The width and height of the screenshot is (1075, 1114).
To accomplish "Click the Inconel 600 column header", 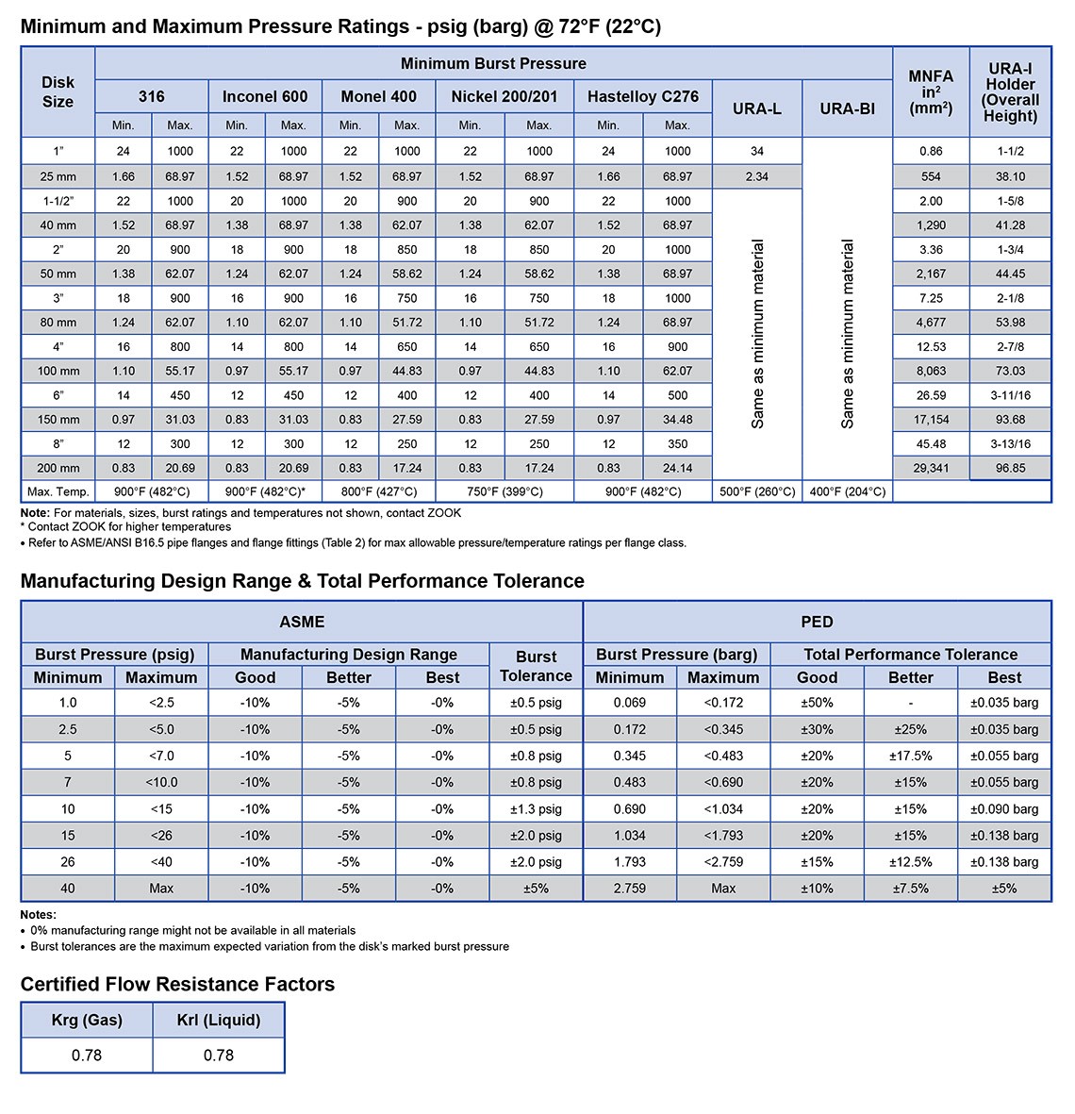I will coord(265,96).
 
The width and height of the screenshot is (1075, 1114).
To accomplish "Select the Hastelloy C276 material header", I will coord(643,96).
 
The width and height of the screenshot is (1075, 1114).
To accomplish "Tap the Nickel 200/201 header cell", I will coord(504,96).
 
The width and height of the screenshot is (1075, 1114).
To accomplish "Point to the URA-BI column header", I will coord(847,108).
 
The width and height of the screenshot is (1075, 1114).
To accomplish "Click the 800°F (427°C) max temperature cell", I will coord(378,491).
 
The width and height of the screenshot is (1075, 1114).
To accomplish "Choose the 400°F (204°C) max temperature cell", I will coord(847,491).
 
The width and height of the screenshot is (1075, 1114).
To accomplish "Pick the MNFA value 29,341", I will coord(931,468).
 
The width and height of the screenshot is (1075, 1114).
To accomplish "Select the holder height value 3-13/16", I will coord(1010,443).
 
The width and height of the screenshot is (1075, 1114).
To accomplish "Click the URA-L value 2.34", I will coord(757,176).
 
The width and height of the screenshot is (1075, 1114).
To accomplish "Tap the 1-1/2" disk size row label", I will coord(58,201).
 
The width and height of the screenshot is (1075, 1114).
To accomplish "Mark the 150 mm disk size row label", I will coord(58,419).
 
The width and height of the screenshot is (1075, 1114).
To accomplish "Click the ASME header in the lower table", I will coord(302,622).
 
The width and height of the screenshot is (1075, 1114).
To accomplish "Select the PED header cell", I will coord(817,622).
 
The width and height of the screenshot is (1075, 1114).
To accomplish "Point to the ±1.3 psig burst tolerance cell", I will coord(536,808).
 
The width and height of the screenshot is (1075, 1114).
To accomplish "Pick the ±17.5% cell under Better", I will coord(910,756).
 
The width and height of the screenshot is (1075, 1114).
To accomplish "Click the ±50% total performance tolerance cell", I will coord(817,703).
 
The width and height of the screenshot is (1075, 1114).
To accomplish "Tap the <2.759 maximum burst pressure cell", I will coord(723,861).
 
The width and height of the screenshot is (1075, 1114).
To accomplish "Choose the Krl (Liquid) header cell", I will coord(219,1020).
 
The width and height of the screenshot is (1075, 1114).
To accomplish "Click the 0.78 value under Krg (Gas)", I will coord(87,1055).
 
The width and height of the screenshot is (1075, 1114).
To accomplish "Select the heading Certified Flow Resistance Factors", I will coord(177,984).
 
